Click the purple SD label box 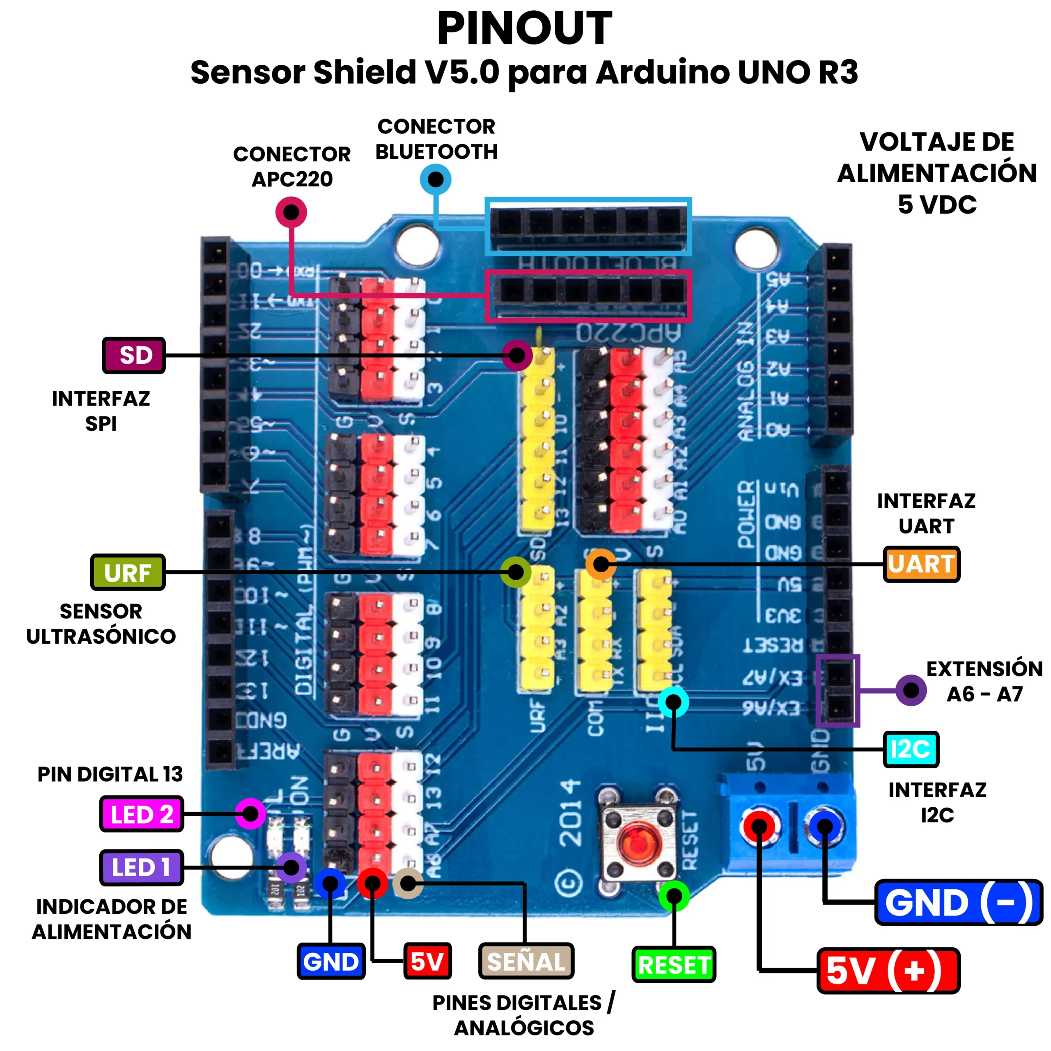click(x=134, y=355)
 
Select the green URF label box click(x=128, y=572)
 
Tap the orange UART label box click(x=921, y=564)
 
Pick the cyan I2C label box click(x=911, y=749)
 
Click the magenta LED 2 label click(x=142, y=814)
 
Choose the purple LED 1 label click(x=142, y=867)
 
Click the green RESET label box click(x=673, y=964)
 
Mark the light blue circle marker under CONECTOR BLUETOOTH click(x=436, y=179)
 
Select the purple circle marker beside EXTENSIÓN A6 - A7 click(x=911, y=690)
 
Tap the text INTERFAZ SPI click(x=101, y=411)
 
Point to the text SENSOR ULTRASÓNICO click(x=101, y=624)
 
